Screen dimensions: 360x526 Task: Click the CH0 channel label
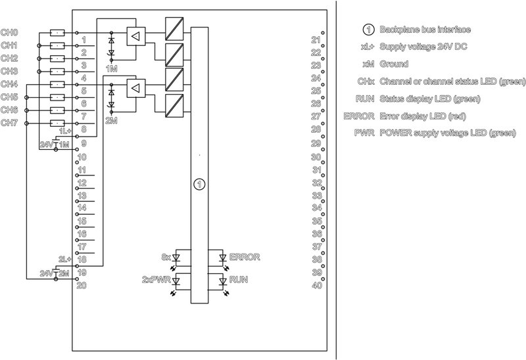(9, 32)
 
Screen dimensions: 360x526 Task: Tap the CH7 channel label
(9, 122)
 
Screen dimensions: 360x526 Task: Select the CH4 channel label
(9, 84)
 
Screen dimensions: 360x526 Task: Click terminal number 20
(82, 285)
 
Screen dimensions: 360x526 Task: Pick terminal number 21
(316, 40)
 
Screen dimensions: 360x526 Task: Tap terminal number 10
(82, 158)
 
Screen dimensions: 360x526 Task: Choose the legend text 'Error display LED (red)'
(425, 116)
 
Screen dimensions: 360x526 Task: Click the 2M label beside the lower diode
(111, 121)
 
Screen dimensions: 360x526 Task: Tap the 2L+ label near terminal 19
(64, 259)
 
